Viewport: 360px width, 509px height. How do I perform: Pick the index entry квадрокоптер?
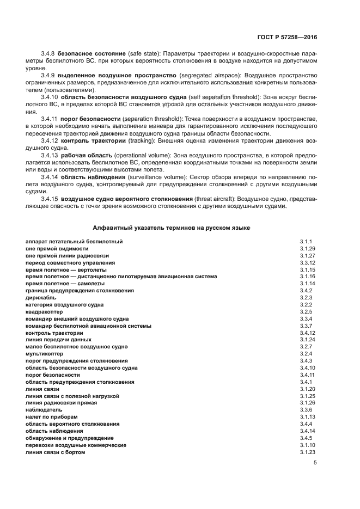click(x=43, y=311)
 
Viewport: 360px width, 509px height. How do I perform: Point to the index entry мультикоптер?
click(x=43, y=353)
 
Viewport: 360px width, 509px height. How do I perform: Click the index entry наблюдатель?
click(x=44, y=409)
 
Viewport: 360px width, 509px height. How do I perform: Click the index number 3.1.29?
click(x=307, y=248)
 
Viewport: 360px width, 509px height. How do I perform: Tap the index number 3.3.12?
click(x=307, y=262)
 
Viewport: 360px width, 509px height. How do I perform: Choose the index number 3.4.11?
click(x=307, y=375)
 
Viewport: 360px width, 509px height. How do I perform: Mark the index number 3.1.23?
click(x=307, y=452)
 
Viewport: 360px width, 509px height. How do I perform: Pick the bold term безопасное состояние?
click(x=91, y=55)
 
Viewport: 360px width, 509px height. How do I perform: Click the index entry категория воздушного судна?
click(x=64, y=304)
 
